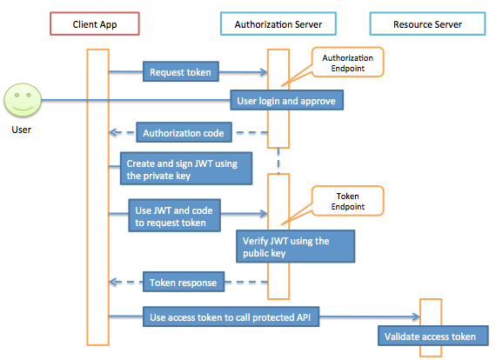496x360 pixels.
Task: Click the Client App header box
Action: click(97, 24)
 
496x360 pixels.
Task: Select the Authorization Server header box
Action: click(278, 24)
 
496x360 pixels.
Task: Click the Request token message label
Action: click(179, 72)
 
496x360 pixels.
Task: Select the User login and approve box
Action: click(288, 101)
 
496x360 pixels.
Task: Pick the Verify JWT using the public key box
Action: click(296, 246)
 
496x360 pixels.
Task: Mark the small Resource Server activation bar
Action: click(431, 326)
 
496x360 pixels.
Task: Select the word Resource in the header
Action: click(412, 24)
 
